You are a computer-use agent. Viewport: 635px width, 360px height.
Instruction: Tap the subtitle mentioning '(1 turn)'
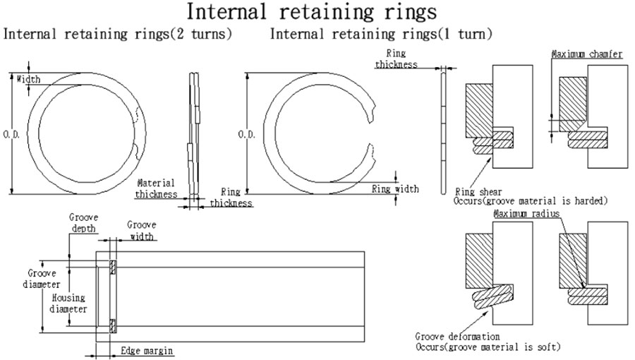click(381, 34)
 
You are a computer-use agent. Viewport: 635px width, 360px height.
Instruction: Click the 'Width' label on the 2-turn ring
click(29, 79)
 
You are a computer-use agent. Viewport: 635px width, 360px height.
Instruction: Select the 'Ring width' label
click(394, 188)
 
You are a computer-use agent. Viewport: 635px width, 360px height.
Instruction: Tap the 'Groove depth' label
click(83, 224)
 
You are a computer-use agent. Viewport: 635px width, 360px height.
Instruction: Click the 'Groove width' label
click(141, 230)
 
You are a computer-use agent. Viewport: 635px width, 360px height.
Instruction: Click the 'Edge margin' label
click(146, 350)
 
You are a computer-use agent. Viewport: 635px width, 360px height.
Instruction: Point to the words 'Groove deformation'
click(457, 337)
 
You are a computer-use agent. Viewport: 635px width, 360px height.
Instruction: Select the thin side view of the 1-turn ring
click(442, 131)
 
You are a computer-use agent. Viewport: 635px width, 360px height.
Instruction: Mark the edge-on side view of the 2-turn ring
click(193, 134)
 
